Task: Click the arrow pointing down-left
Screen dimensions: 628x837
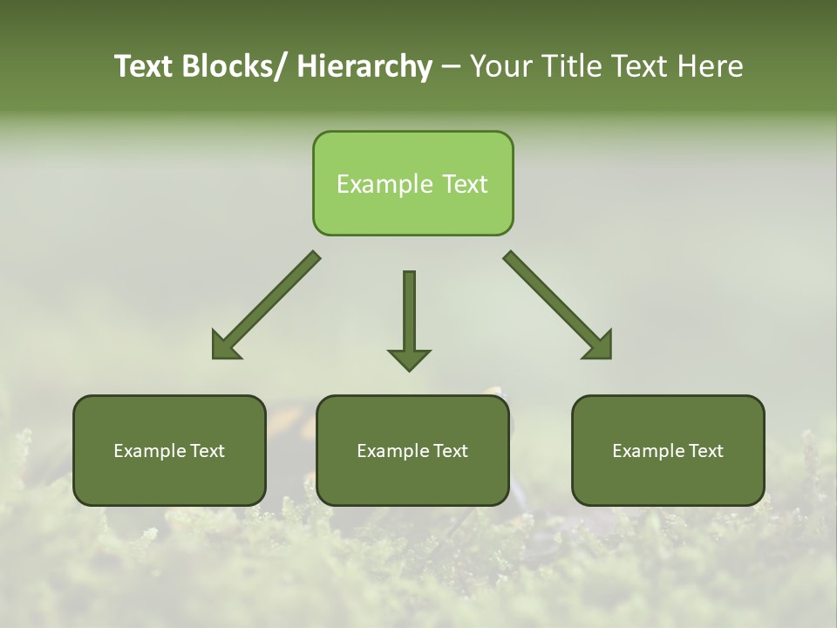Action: tap(266, 305)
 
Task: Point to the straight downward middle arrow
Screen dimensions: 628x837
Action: tap(409, 314)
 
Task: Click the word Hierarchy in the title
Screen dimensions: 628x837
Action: tap(364, 66)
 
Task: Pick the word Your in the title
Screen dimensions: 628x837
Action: tap(499, 66)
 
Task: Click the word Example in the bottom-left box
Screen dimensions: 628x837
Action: tap(149, 451)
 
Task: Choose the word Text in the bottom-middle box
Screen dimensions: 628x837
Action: tap(448, 451)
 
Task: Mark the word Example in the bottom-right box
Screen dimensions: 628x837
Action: tap(648, 451)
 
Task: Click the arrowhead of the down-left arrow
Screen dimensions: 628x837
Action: tap(225, 345)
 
